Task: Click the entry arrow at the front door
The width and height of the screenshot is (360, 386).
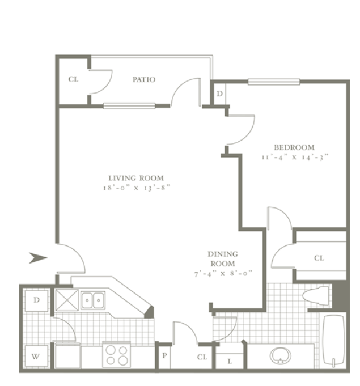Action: (x=38, y=258)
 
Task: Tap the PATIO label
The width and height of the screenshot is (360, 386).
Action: (x=144, y=79)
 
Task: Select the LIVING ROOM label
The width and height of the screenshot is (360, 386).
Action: (x=136, y=178)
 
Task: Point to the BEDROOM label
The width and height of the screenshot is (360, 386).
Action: (x=294, y=147)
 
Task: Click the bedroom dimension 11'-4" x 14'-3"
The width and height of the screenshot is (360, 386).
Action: (x=295, y=157)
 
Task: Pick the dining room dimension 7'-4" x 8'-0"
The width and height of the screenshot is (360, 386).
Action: (x=223, y=273)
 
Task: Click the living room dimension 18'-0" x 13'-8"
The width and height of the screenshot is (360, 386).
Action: (x=137, y=188)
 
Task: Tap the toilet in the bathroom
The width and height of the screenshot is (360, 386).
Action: (x=316, y=295)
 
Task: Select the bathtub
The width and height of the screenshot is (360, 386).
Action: (x=333, y=340)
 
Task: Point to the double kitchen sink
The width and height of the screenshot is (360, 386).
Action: (x=93, y=300)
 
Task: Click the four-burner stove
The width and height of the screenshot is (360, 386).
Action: (x=116, y=355)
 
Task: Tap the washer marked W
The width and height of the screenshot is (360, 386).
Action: (x=36, y=356)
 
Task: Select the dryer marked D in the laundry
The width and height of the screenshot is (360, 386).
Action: (x=36, y=300)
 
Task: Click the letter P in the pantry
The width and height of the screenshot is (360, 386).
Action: (x=164, y=355)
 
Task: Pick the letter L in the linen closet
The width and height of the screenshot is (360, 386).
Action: (x=230, y=362)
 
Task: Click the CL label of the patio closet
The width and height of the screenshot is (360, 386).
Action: (x=73, y=79)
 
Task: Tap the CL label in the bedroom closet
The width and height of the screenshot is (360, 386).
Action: (x=319, y=258)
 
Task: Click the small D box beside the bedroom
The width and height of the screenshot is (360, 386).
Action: (x=219, y=94)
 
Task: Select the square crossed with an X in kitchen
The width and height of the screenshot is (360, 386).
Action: (x=67, y=300)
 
